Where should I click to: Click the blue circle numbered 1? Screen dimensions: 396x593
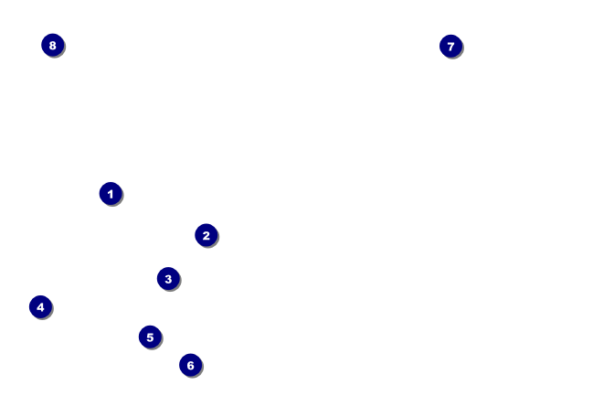[x=111, y=194]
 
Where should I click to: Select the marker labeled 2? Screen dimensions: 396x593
[x=206, y=235]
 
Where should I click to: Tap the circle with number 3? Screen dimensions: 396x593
[x=168, y=278]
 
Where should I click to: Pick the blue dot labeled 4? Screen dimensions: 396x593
[x=40, y=307]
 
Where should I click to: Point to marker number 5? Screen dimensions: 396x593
[x=150, y=337]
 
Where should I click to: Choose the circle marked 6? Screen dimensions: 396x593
[x=190, y=366]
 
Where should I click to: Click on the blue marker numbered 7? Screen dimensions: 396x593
[x=450, y=46]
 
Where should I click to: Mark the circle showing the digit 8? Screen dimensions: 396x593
[x=52, y=45]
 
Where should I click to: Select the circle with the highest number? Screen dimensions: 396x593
[x=52, y=45]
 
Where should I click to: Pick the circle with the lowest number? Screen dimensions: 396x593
[x=111, y=194]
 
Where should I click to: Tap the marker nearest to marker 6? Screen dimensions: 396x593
[x=150, y=337]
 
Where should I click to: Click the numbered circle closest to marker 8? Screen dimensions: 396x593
[x=111, y=194]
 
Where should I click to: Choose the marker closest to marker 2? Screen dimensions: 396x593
[x=168, y=278]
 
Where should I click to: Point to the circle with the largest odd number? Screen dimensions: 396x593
[x=450, y=46]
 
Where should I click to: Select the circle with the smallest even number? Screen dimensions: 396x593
[x=206, y=235]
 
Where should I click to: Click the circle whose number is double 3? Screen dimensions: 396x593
[x=190, y=366]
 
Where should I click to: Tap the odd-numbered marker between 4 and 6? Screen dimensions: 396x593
[x=150, y=337]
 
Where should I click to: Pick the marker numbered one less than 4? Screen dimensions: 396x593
[x=168, y=278]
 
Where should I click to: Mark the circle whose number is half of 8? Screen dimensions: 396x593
[x=40, y=307]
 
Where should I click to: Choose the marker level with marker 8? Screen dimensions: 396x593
[x=450, y=46]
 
